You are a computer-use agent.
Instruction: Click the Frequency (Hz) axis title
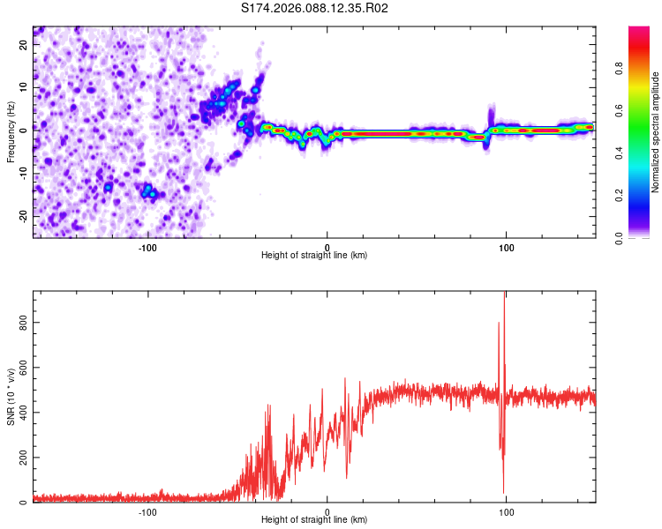click(11, 132)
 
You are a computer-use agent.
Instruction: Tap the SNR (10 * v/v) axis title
click(11, 397)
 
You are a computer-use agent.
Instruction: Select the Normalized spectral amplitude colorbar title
click(656, 132)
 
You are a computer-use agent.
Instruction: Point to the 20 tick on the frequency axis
click(24, 46)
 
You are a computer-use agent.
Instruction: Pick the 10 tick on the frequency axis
click(24, 88)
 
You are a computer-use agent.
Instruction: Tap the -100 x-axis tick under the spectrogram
click(147, 246)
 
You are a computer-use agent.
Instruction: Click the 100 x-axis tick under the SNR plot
click(507, 511)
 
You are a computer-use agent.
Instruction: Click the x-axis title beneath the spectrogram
click(315, 256)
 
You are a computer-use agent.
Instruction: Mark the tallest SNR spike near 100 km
click(504, 295)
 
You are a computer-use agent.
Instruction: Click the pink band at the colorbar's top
click(640, 32)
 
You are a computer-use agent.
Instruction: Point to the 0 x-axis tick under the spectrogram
click(327, 246)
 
